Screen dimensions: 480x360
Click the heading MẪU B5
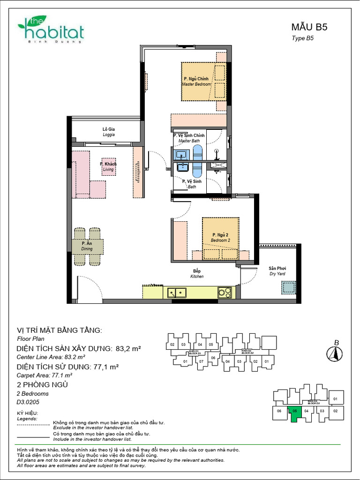309,27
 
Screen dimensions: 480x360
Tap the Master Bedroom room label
196,82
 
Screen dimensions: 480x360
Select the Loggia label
109,132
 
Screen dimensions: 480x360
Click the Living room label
108,167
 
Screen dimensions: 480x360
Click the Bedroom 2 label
220,237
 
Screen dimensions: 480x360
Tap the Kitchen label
197,274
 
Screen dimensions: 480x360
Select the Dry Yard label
277,271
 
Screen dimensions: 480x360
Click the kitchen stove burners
225,292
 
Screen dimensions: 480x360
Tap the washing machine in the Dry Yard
288,287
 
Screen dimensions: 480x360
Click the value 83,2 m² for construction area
128,349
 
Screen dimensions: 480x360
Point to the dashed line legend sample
33,425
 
